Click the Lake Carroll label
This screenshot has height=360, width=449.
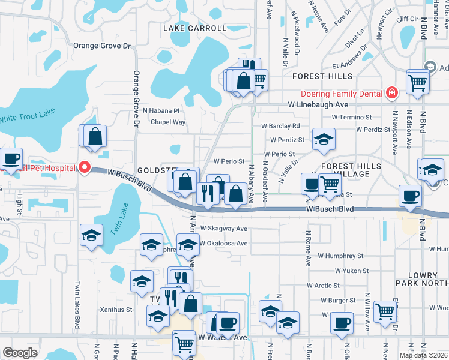pyautogui.click(x=194, y=28)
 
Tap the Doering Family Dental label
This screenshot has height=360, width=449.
pyautogui.click(x=342, y=94)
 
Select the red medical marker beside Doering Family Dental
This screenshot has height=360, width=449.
pyautogui.click(x=391, y=93)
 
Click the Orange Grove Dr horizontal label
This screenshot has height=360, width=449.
pyautogui.click(x=101, y=46)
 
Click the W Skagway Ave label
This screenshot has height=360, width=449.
pyautogui.click(x=224, y=229)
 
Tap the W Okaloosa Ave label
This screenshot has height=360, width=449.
pyautogui.click(x=224, y=244)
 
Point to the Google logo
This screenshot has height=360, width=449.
pyautogui.click(x=20, y=353)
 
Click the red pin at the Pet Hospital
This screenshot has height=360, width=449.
pyautogui.click(x=85, y=167)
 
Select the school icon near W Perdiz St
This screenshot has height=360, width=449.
pyautogui.click(x=324, y=139)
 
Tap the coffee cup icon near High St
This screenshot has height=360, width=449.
pyautogui.click(x=11, y=158)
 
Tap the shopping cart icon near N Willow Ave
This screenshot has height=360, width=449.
pyautogui.click(x=385, y=310)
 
